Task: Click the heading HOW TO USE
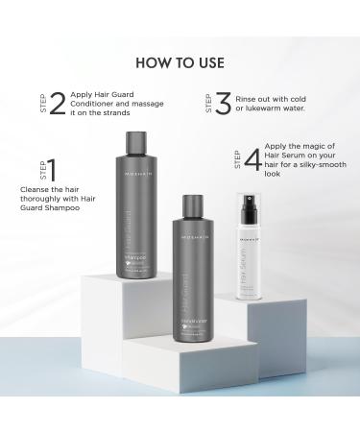(180, 63)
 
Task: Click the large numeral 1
(52, 171)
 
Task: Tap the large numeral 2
(56, 103)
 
